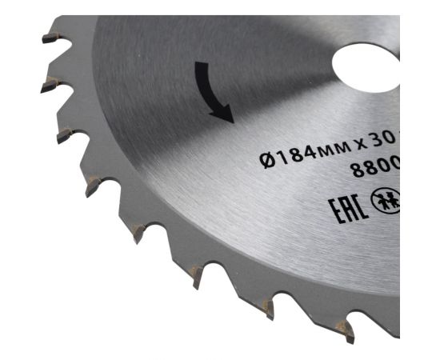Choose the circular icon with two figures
pos(387,201)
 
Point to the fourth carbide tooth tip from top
pos(92,186)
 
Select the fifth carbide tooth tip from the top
pos(138,234)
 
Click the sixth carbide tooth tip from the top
pos(197,276)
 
